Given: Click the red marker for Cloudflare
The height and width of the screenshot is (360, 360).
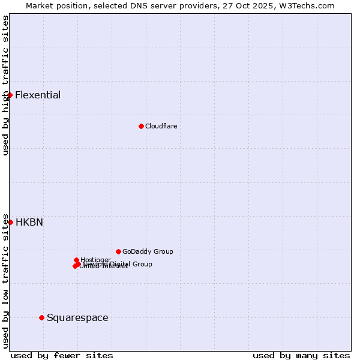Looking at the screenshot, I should [141, 126].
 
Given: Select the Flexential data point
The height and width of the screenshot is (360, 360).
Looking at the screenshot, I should [10, 95].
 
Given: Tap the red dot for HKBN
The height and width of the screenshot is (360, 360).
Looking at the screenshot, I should [10, 222].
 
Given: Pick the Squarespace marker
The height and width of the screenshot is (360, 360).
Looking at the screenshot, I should [41, 317].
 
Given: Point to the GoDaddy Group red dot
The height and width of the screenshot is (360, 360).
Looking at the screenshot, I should [118, 251].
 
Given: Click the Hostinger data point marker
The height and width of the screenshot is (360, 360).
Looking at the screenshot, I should [76, 260].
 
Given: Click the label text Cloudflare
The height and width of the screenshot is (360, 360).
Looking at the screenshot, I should [161, 126].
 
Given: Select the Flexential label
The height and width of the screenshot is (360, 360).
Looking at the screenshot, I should [38, 95].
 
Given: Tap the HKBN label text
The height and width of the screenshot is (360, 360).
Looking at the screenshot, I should [29, 222].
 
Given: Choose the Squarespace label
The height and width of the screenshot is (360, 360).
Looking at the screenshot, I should [77, 317].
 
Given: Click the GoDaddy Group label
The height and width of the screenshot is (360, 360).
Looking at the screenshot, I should [148, 251].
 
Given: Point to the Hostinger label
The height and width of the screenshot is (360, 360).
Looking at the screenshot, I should [95, 260].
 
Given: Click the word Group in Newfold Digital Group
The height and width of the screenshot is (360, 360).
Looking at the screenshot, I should [142, 264].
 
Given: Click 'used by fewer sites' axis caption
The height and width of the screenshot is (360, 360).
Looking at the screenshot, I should [62, 355].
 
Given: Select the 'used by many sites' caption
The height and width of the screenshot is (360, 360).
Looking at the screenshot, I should [301, 355].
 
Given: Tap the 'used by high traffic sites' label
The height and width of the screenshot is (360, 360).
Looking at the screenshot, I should [5, 86].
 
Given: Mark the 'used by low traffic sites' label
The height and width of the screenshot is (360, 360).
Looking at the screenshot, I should [5, 281].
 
